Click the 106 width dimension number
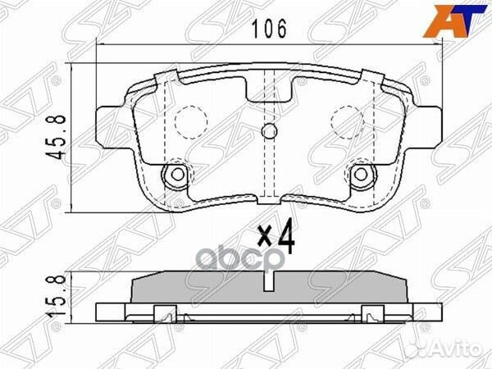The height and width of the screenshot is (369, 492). [x=269, y=30]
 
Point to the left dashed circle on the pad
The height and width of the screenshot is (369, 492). [x=190, y=124]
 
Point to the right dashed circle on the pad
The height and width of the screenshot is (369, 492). [x=346, y=124]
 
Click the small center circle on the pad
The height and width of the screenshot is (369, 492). [x=268, y=132]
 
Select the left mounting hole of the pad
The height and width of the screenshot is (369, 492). [x=175, y=174]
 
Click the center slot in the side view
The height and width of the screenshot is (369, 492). [x=268, y=280]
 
